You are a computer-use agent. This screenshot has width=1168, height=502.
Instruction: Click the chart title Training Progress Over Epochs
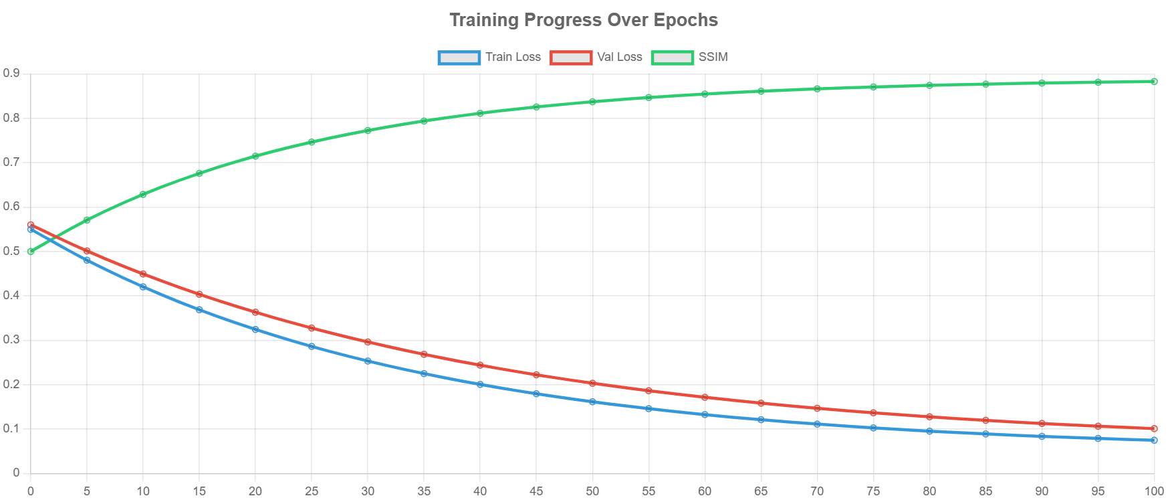tap(584, 20)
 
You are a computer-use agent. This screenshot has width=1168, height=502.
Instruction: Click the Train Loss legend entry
tap(489, 58)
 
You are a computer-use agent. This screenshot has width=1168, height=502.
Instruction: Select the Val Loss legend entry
tap(596, 58)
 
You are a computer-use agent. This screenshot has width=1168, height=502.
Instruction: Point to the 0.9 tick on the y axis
tap(11, 73)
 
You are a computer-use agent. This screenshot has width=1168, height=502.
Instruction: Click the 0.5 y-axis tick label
tap(11, 251)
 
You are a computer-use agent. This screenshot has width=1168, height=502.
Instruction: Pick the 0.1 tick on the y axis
tap(11, 428)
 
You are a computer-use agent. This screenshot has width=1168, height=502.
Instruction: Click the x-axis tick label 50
tap(592, 491)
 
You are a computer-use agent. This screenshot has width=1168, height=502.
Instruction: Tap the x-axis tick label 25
tap(312, 491)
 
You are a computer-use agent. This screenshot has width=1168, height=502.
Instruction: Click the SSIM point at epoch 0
tap(31, 251)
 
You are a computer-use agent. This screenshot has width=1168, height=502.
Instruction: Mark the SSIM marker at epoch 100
tap(1154, 82)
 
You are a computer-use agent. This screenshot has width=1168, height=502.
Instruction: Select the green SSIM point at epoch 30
tap(368, 131)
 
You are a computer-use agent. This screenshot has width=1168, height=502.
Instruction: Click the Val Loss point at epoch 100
tap(1154, 428)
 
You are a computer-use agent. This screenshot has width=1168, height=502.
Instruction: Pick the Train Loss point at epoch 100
tap(1154, 440)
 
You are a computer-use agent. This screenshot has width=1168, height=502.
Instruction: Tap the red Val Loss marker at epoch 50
tap(592, 383)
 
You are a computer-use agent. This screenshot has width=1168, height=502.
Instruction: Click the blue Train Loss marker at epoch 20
tap(255, 329)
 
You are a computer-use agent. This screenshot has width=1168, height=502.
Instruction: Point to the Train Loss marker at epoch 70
tap(817, 424)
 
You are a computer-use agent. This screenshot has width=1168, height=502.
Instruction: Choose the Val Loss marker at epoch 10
tap(143, 274)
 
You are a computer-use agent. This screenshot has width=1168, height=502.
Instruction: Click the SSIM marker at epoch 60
tap(705, 94)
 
